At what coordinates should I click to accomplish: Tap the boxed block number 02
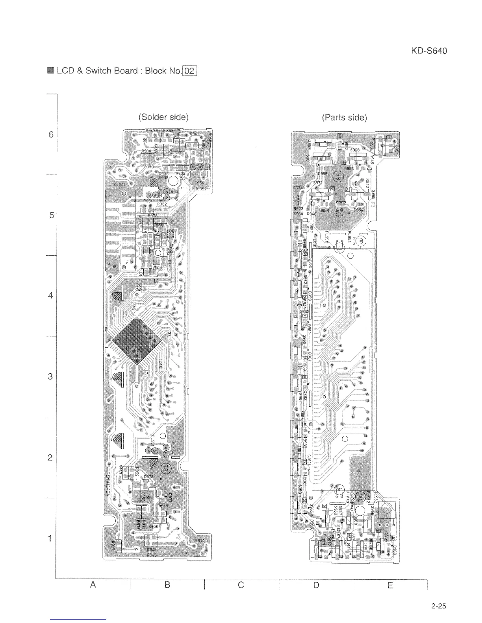(189, 71)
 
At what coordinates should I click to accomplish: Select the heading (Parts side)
(344, 118)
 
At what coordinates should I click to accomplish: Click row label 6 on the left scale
(50, 135)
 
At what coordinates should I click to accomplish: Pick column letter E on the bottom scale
(390, 585)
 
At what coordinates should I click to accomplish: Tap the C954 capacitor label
(199, 183)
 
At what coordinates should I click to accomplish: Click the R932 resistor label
(162, 205)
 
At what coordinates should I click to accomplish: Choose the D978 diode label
(148, 477)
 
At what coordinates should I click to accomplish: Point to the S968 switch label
(355, 150)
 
